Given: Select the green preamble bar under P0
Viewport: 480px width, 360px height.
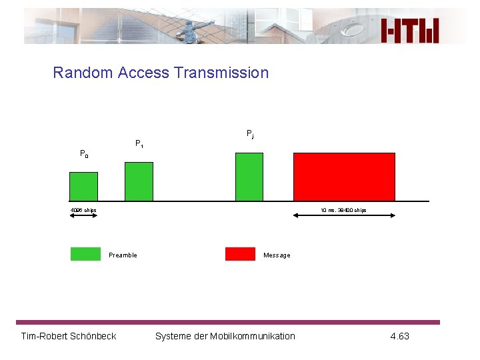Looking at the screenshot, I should click(84, 186).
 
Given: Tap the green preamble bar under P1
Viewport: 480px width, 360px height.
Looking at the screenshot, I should click(139, 181).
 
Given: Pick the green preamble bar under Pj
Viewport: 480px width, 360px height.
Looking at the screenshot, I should click(249, 176).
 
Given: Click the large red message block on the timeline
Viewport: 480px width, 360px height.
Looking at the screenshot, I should click(344, 176).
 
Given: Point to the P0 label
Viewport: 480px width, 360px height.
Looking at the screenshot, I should click(84, 154).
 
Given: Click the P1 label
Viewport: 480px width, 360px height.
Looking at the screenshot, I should click(139, 143).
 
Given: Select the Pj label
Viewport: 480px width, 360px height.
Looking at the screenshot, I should click(250, 134).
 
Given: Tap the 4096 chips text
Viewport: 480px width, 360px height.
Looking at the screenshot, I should click(83, 211).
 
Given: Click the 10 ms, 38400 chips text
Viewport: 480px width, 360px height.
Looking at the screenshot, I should click(343, 211).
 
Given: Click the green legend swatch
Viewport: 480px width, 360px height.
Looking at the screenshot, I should click(85, 254).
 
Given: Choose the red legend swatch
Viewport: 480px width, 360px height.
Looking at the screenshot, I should click(240, 254).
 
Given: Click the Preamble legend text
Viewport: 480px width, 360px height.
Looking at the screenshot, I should click(123, 255).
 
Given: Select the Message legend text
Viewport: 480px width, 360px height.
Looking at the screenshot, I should click(277, 255).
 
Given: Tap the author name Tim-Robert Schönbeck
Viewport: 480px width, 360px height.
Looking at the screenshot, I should click(69, 336).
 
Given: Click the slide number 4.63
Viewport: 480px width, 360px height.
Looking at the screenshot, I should click(399, 336).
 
